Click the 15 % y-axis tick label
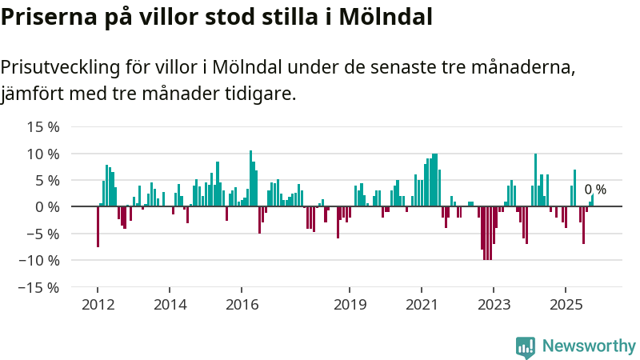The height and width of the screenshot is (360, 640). coord(44,126)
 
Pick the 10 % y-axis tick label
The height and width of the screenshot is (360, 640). coord(44,154)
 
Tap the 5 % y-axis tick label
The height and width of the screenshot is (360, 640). coord(48,180)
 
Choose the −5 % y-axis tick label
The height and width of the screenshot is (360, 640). coord(44,234)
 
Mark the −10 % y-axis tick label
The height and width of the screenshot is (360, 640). coord(40,260)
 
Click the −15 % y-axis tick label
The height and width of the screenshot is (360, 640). coord(40,287)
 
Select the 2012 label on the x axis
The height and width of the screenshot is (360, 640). coord(97,305)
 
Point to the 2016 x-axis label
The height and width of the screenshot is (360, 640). coord(242,305)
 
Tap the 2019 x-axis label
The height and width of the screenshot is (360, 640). coord(350,305)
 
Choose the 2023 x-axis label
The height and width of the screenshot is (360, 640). coord(494,305)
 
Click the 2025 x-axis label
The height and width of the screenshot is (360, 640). coord(566,305)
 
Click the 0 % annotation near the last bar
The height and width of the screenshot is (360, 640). coord(595,190)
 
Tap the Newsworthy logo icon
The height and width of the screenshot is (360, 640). coord(526,346)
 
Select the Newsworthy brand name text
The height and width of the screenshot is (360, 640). coord(589,346)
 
